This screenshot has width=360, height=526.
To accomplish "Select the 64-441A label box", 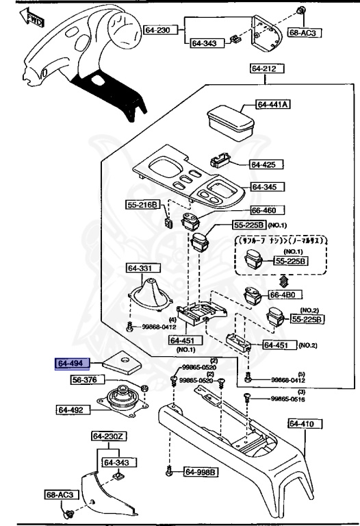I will [x=273, y=105].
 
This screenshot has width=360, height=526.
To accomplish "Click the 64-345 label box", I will [x=268, y=187].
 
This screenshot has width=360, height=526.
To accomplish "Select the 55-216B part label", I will [x=142, y=205].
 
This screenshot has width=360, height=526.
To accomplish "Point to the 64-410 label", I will [x=302, y=424].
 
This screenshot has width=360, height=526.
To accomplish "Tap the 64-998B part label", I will [x=201, y=472].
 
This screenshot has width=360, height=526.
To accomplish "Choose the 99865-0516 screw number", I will [x=289, y=399].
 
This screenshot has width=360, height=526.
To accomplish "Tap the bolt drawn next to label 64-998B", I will [x=168, y=471].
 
